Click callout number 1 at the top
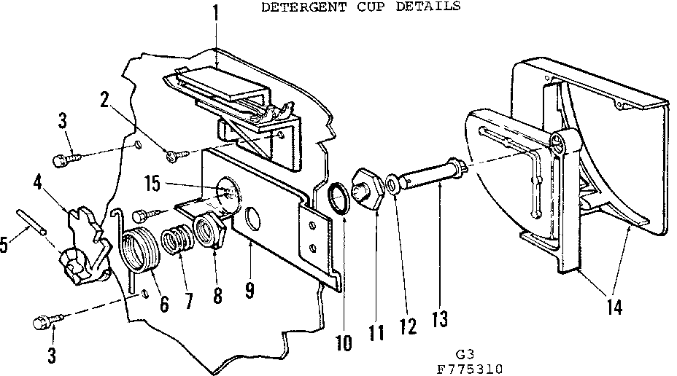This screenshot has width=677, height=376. pyautogui.click(x=215, y=12)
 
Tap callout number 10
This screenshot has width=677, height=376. pyautogui.click(x=342, y=341)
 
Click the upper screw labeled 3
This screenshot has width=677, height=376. pyautogui.click(x=64, y=156)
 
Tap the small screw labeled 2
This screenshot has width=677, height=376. pyautogui.click(x=176, y=154)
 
